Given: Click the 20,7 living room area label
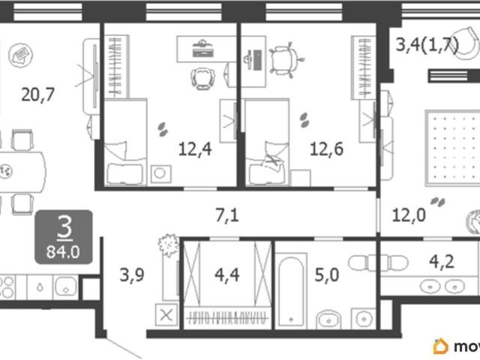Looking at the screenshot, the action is coord(38,94).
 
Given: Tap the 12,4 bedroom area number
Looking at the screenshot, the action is coord(195,149).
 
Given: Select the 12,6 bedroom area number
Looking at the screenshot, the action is coord(327,149).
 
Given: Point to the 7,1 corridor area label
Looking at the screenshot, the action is coord(227,215).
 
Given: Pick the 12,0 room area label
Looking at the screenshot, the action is coord(409,215).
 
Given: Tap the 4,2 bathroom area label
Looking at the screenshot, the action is coord(442,262).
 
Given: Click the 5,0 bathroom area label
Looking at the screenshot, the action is coord(327,274).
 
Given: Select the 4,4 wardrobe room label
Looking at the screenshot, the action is coord(226,274).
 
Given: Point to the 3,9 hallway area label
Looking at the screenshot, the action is coord(132,274).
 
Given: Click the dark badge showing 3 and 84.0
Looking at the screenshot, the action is coord(64,237).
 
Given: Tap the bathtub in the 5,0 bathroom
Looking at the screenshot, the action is coord(291,291).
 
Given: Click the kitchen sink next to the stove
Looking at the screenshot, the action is coord(65,288).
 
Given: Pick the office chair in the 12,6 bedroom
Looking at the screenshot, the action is coord(285,61).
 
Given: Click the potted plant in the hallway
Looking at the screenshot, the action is coord(168,245).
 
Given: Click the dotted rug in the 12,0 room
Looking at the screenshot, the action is coord(453,148).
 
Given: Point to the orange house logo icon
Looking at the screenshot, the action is coord(441,346).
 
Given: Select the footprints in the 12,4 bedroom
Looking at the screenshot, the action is coord(163,129).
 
